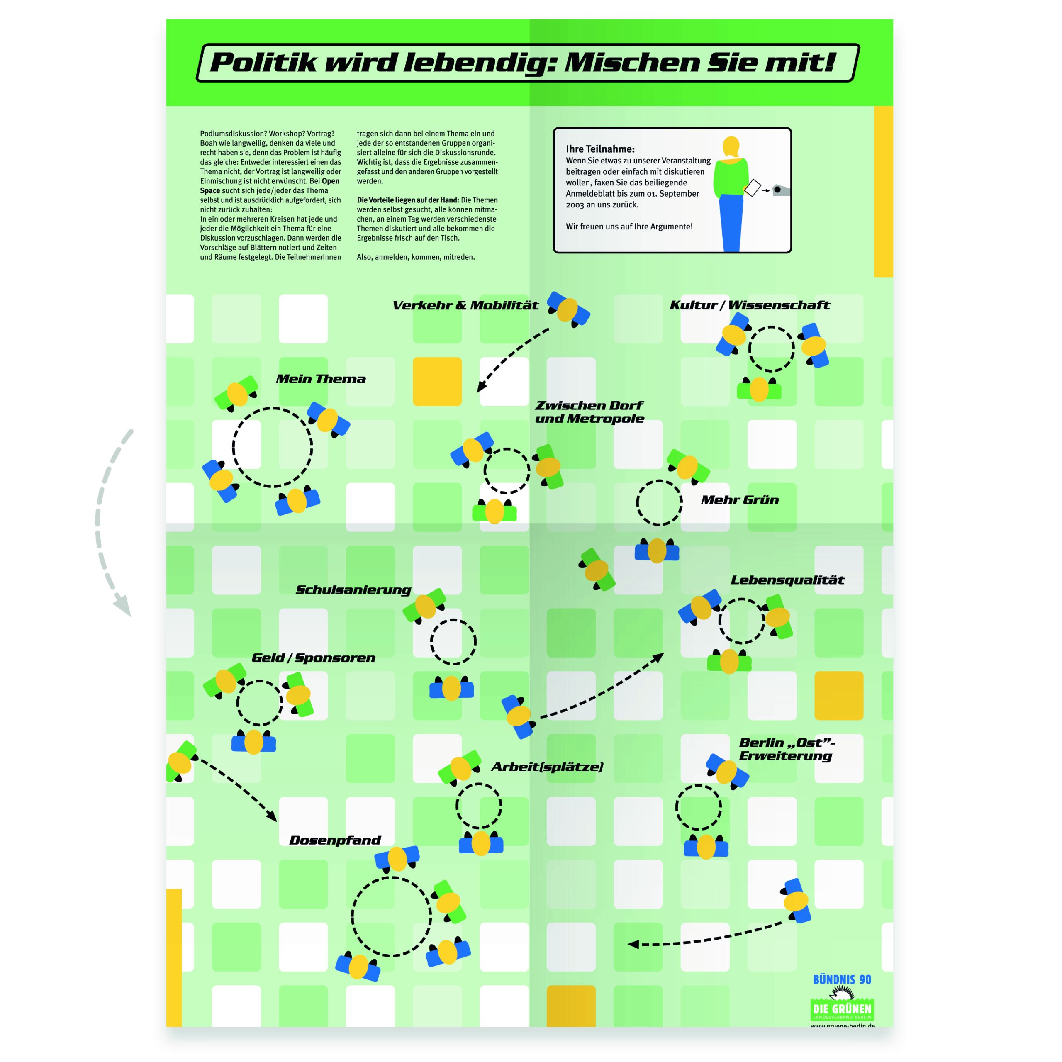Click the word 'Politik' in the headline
point(264,63)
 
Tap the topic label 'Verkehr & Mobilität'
point(465,306)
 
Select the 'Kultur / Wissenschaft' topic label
point(749,306)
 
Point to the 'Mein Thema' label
point(321,379)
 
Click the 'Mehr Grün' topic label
point(739,499)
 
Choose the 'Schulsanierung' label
point(353,590)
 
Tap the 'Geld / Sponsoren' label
point(313,658)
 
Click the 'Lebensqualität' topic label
point(787,580)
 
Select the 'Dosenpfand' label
point(335,840)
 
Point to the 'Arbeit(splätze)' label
point(547,767)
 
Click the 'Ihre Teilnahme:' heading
point(600,149)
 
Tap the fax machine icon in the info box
point(781,190)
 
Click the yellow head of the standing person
point(731,147)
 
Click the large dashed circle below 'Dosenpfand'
point(391,878)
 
